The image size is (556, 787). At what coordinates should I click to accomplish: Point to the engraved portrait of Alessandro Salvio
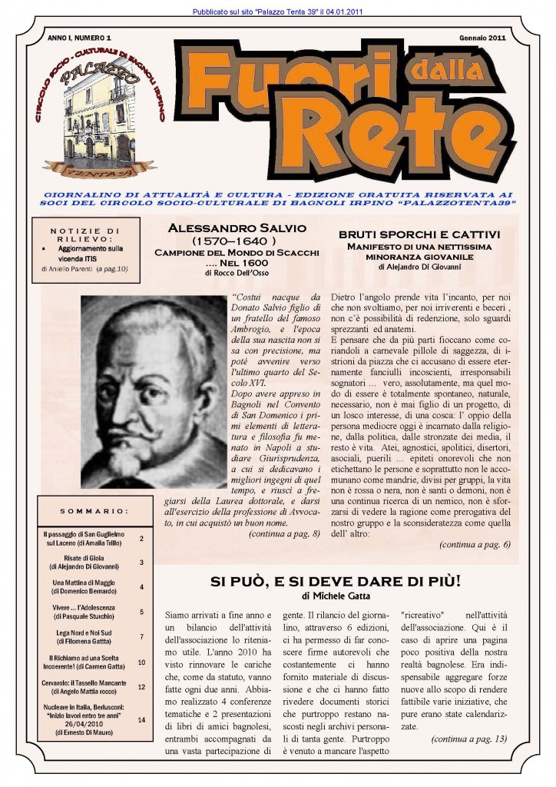click(x=154, y=391)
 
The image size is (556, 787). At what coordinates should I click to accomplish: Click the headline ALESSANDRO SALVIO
click(x=236, y=228)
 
